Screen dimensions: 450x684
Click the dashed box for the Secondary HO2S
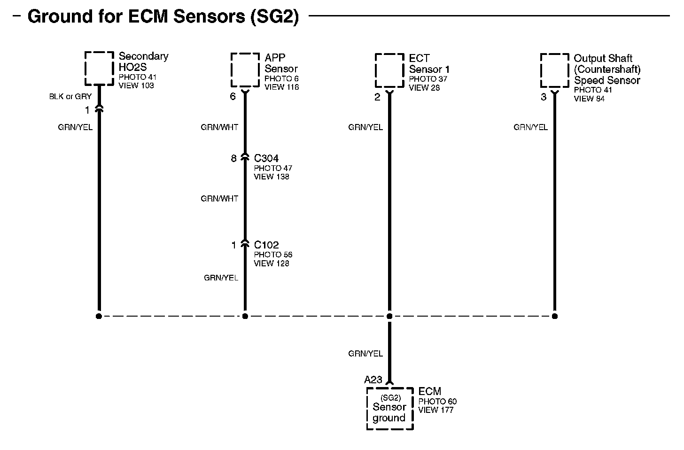click(x=99, y=68)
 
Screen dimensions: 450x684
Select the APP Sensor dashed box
click(x=245, y=70)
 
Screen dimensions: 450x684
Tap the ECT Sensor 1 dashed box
click(x=389, y=70)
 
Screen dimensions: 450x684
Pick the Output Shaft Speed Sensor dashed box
click(x=554, y=70)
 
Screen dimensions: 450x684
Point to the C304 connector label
click(x=266, y=158)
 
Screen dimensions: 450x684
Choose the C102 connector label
click(x=266, y=245)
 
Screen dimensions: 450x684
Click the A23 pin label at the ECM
click(x=373, y=380)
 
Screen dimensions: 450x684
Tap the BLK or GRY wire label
click(x=70, y=97)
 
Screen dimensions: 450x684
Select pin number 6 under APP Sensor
click(x=233, y=97)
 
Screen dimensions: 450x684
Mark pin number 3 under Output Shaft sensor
click(x=544, y=97)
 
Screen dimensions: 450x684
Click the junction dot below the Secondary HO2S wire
click(x=99, y=316)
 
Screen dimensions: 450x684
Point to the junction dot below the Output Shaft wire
click(x=555, y=316)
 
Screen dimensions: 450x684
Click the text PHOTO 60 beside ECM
click(x=437, y=402)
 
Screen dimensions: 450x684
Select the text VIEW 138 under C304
click(x=272, y=177)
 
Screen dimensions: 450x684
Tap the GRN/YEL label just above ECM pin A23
click(x=365, y=354)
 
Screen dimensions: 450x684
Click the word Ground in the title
click(x=60, y=16)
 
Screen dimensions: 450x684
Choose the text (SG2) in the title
click(x=275, y=16)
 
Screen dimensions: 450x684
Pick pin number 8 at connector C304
click(x=233, y=158)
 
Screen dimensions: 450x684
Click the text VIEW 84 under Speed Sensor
click(x=589, y=99)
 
